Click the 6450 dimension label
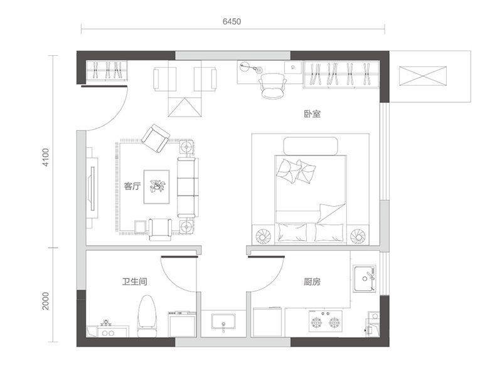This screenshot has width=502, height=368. click(x=232, y=21)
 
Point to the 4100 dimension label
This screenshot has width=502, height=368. click(x=46, y=157)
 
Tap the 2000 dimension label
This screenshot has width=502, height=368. click(x=46, y=301)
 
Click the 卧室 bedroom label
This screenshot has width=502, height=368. click(x=312, y=114)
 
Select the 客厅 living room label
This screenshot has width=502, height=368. click(x=132, y=186)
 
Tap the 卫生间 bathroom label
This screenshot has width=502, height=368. click(x=135, y=281)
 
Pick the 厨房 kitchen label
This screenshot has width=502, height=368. click(x=312, y=281)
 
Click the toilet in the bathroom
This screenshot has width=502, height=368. click(x=147, y=316)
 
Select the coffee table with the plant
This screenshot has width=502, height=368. click(x=156, y=187)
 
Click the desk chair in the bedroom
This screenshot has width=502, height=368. click(x=272, y=86)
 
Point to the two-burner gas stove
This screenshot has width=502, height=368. click(x=325, y=321)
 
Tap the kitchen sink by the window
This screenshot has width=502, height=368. click(x=365, y=278)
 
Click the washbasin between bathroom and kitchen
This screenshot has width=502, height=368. click(x=223, y=322)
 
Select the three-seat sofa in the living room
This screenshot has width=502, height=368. click(x=188, y=187)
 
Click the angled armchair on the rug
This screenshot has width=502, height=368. click(x=156, y=139)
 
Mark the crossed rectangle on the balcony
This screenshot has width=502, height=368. click(x=422, y=76)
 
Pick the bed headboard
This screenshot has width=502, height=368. click(x=311, y=146)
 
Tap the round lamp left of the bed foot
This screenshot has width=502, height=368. click(x=264, y=236)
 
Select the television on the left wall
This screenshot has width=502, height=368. click(x=92, y=188)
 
